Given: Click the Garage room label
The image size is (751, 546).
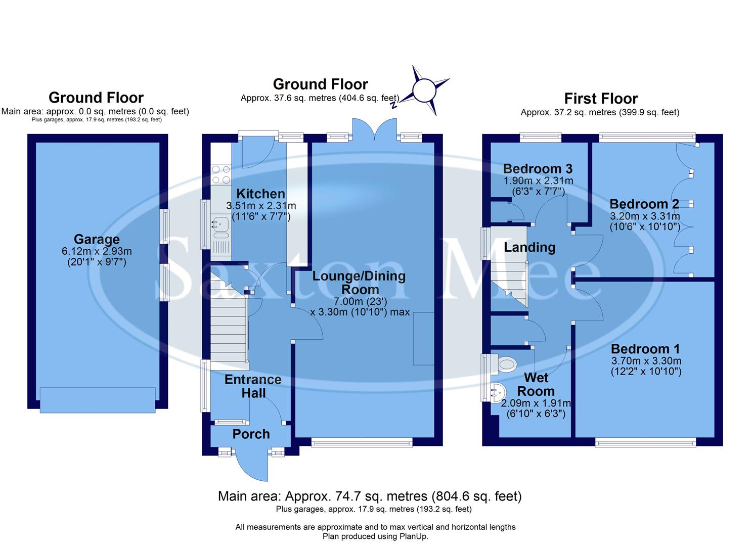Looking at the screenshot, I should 97,239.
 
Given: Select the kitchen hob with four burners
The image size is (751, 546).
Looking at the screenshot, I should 220,174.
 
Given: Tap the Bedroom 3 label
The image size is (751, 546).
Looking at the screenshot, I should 538,169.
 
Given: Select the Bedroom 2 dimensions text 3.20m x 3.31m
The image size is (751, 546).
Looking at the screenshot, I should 644,216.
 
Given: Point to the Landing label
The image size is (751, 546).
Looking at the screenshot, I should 529,247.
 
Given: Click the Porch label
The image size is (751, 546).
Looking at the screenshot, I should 251,434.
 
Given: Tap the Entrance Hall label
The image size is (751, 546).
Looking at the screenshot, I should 253,386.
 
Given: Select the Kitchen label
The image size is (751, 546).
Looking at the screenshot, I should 260,194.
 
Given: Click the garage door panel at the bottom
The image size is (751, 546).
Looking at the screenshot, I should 98,400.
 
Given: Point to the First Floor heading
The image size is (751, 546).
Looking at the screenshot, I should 601,99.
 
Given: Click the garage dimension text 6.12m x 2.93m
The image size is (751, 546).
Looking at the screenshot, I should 97,251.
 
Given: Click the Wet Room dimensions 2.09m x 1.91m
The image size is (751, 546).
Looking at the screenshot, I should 536,403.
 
